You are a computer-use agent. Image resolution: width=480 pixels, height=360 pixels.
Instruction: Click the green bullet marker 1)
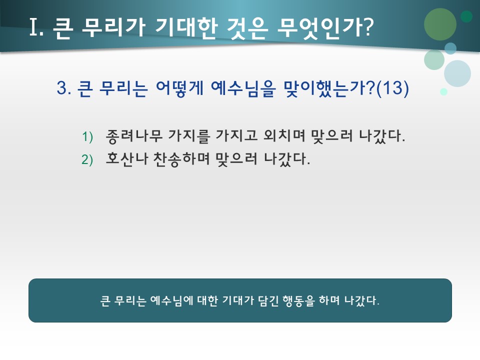[x=87, y=136]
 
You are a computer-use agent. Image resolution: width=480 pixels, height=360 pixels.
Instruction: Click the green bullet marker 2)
[x=87, y=159]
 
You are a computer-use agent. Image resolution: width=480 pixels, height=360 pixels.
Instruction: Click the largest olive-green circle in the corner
[x=440, y=24]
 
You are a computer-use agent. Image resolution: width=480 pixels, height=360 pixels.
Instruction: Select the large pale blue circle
[x=457, y=73]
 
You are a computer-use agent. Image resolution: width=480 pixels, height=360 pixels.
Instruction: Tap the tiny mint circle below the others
[x=443, y=92]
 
